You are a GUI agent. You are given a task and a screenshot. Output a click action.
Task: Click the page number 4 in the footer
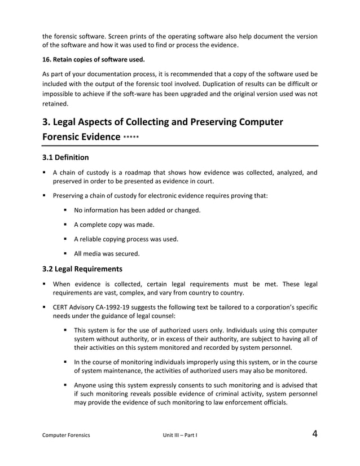[x=314, y=434]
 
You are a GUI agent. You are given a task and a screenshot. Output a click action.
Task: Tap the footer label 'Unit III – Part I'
[x=179, y=436]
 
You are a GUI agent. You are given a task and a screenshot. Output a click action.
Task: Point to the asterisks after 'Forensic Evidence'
[x=131, y=137]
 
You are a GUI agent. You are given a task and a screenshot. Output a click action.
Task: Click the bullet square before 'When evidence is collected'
[x=44, y=283]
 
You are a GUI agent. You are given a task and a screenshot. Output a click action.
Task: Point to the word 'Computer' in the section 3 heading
[x=253, y=122]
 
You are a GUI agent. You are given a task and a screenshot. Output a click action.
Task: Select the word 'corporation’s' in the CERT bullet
[x=269, y=307]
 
